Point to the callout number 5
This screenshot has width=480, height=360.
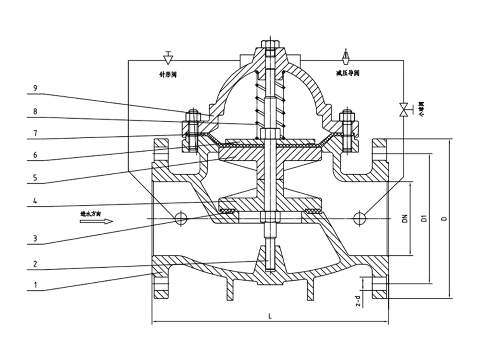pyautogui.click(x=36, y=176)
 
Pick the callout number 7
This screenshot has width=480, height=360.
pyautogui.click(x=36, y=132)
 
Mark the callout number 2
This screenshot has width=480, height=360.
pyautogui.click(x=36, y=264)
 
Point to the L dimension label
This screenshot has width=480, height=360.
pyautogui.click(x=270, y=316)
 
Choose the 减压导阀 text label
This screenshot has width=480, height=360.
pyautogui.click(x=348, y=74)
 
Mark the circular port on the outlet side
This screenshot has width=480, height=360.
pyautogui.click(x=360, y=218)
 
